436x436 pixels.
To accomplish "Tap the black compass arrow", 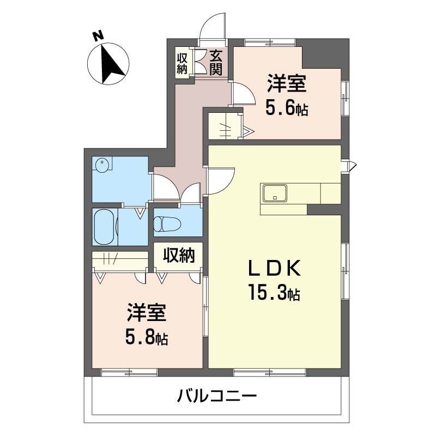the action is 111,64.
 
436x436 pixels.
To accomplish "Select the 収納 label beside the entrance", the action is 182,64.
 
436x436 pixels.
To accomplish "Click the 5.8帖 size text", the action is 147,337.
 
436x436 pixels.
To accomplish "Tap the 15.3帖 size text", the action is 274,292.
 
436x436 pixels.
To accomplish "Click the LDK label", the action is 274,268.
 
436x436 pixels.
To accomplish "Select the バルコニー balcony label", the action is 216,396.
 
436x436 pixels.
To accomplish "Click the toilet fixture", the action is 167,223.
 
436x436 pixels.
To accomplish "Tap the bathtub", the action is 104,227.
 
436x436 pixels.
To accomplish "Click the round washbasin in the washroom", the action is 102,165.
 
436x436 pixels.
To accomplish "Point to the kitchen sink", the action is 275,192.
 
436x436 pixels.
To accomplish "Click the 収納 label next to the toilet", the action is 179,255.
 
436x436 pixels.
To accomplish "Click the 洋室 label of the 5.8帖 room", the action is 147,313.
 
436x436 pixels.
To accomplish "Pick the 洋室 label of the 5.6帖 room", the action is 287,83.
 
